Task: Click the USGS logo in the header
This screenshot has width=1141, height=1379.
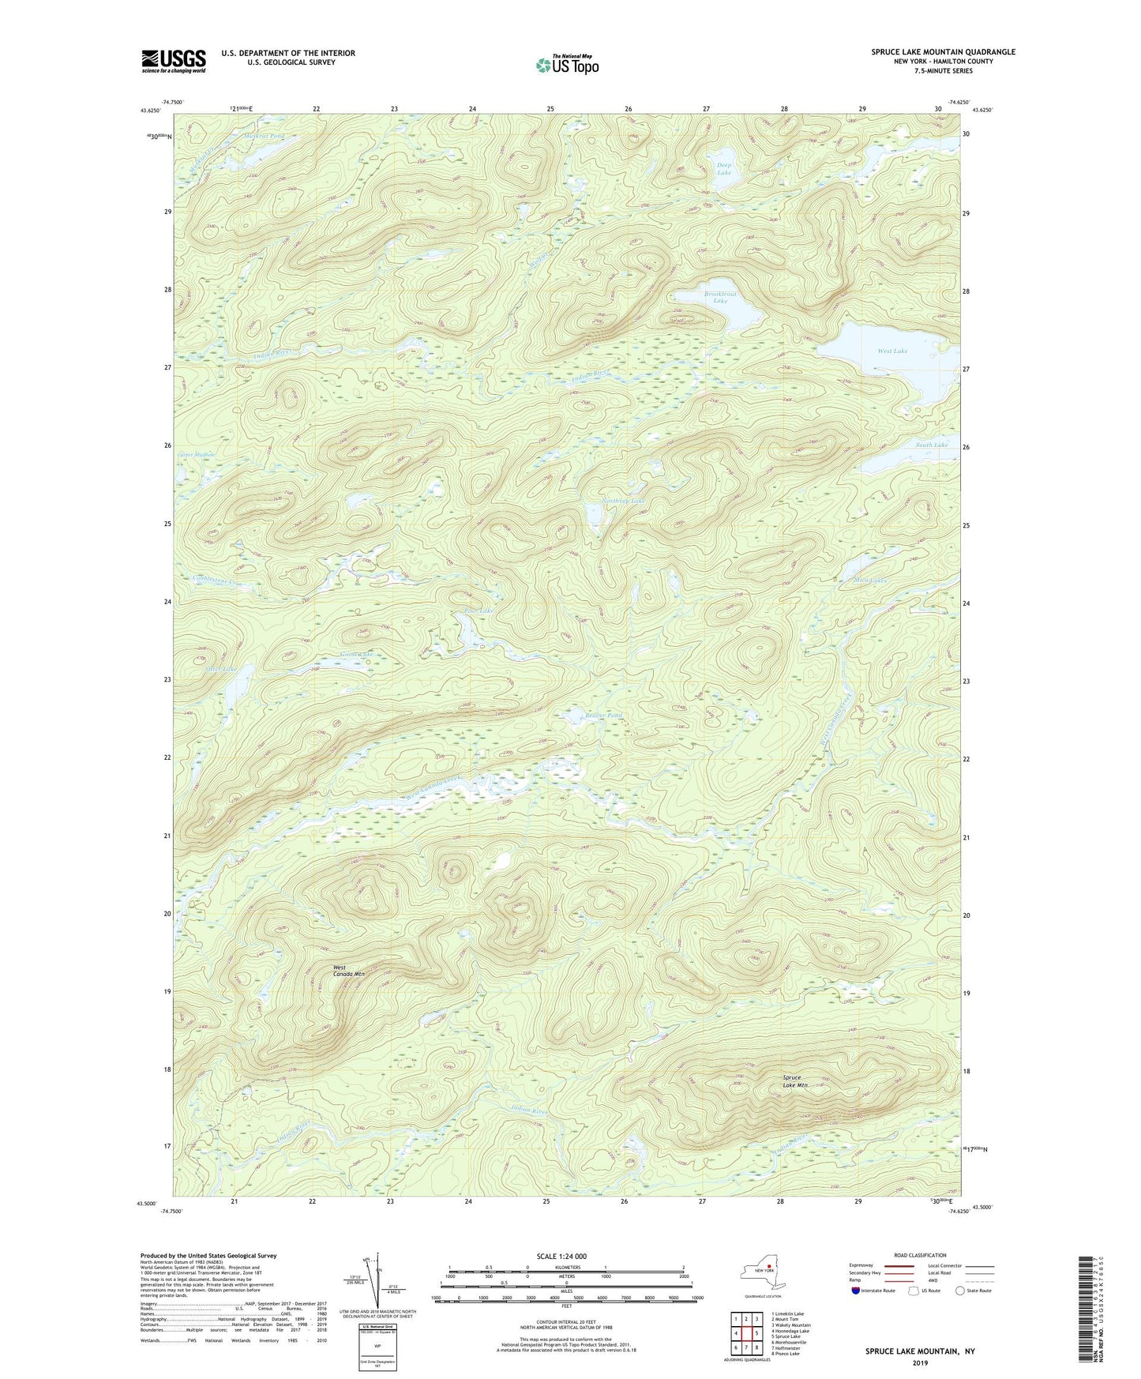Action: pos(173,61)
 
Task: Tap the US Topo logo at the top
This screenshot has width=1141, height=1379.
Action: pos(566,65)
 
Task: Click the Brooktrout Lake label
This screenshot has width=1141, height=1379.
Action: pos(719,297)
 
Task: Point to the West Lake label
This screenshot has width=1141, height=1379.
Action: pos(892,351)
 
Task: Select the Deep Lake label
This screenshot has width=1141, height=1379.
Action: pos(723,169)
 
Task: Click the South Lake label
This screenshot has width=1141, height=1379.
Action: pos(931,445)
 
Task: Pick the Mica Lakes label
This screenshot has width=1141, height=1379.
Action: pos(870,580)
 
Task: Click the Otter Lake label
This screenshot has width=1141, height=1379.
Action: pos(220,669)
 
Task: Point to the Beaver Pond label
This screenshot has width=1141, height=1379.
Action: pos(603,716)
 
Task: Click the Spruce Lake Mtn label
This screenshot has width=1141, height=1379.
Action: pos(795,1081)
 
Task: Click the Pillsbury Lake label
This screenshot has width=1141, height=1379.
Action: pos(478,611)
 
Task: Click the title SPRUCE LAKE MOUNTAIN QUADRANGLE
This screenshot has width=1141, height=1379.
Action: pos(943,52)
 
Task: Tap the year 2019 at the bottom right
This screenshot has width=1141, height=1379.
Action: pos(919,1362)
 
